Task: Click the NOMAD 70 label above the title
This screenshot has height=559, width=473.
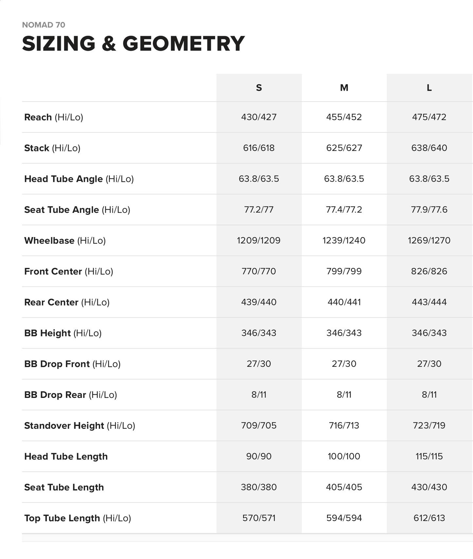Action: pos(44,25)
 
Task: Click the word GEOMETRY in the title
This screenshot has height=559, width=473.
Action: pos(183,44)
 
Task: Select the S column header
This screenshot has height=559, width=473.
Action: pos(259,88)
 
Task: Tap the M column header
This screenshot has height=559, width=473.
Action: pos(344,88)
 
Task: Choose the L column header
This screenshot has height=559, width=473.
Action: pos(429,88)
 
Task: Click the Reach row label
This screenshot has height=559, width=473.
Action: pos(54,117)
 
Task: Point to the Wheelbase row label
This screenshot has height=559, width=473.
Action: pos(65,241)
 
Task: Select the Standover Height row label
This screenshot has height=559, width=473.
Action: pos(80,426)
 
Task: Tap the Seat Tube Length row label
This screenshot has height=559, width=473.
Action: pos(64,487)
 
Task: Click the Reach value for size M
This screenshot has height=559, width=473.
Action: pos(344,117)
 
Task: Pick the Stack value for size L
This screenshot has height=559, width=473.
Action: pos(429,148)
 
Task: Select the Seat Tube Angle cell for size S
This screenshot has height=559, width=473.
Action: pos(259,210)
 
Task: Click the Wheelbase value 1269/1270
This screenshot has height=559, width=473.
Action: pos(429,241)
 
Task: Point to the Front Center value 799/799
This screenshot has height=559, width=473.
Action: pos(344,271)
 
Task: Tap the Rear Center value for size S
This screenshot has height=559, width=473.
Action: pos(259,302)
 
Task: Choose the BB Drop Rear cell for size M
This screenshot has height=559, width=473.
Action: pos(344,395)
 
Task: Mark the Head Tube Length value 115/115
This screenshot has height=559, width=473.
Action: pos(429,457)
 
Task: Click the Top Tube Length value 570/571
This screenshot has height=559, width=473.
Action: pos(259,518)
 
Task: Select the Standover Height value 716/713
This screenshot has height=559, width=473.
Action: pos(344,426)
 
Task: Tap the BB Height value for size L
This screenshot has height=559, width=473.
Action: pos(429,333)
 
